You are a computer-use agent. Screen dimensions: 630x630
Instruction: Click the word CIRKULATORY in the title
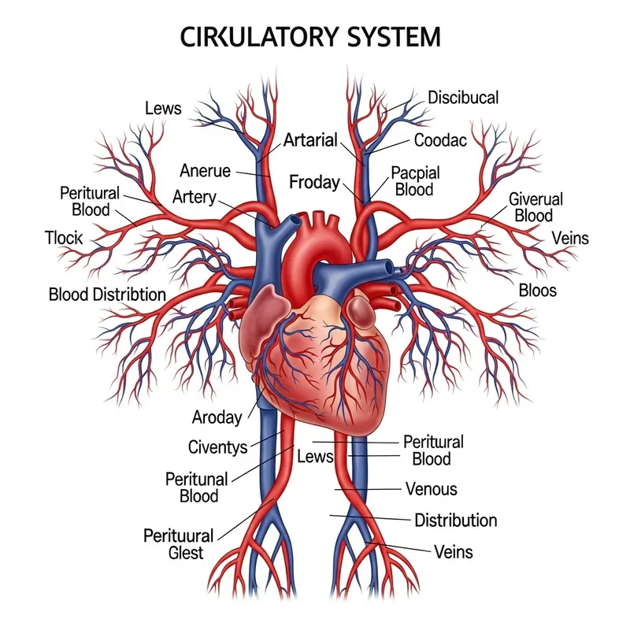tap(248, 37)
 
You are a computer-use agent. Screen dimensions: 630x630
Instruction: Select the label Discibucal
tap(463, 98)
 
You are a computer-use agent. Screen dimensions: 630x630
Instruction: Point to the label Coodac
tap(440, 140)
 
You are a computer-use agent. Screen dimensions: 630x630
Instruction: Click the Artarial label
tap(310, 141)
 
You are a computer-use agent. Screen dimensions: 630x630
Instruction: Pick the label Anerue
tap(206, 170)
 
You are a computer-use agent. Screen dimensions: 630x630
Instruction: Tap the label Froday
tap(314, 183)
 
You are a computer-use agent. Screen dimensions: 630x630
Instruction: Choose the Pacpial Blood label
tap(415, 181)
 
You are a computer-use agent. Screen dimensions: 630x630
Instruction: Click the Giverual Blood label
tap(535, 207)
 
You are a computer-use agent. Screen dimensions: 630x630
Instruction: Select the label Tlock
tap(64, 238)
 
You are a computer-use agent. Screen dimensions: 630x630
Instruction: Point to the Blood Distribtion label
tap(107, 295)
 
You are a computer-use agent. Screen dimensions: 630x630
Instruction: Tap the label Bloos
tap(537, 291)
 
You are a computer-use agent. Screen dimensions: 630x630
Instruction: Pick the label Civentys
tap(218, 448)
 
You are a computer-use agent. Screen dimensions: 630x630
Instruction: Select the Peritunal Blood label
tap(197, 487)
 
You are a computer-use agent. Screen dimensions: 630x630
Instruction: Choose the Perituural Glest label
tap(178, 544)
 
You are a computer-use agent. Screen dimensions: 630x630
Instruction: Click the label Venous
tap(431, 489)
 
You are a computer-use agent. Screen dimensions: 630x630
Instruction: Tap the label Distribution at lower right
tap(455, 521)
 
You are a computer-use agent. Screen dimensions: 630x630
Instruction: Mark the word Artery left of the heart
tap(194, 197)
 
